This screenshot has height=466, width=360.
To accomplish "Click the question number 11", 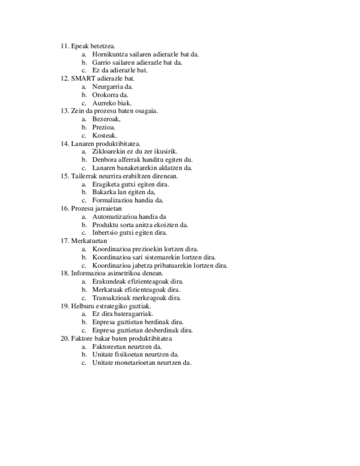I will coord(64,46).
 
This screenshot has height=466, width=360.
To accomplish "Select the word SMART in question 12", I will coord(79,79).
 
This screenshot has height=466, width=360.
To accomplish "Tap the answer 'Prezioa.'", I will coord(104,127).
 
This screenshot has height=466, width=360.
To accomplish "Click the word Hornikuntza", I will coord(110,54).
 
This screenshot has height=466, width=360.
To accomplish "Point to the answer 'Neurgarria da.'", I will coord(113,87).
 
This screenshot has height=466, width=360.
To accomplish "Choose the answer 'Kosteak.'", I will coord(104,135).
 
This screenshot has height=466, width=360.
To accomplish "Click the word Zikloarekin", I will coord(109,152).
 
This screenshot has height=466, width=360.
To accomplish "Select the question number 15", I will coord(64,176).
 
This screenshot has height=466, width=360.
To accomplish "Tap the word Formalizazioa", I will coord(113,201).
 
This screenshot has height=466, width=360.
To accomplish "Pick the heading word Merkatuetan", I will coord(89,241).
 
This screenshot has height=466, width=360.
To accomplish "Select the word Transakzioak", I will coord(112,298).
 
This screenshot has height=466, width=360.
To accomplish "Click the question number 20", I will coord(64,339).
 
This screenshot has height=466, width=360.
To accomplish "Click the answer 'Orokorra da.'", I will coord(110,95).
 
